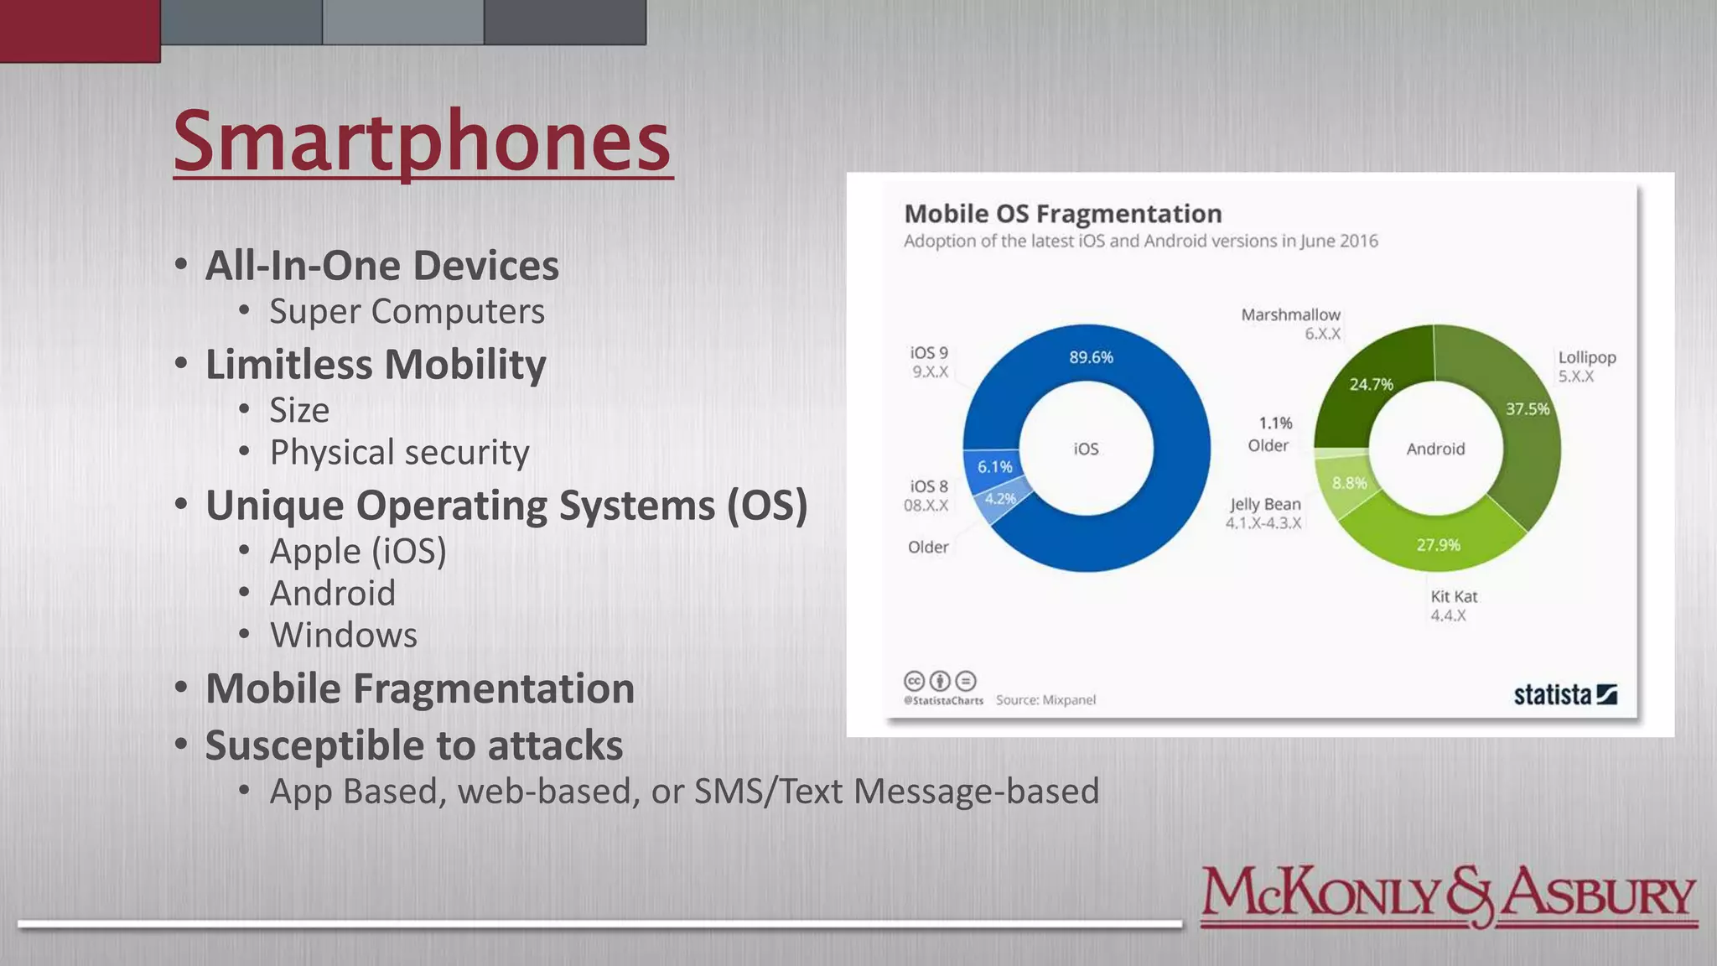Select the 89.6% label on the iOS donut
click(1091, 357)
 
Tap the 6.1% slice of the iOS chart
click(994, 466)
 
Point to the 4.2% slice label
click(1000, 499)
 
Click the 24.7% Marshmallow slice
click(1371, 384)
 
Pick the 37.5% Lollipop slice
click(1528, 409)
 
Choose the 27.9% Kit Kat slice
click(1438, 545)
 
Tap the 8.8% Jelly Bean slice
click(1349, 483)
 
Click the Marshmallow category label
click(1290, 314)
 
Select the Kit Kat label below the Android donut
click(1454, 596)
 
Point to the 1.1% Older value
click(1275, 423)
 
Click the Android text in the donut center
click(1435, 449)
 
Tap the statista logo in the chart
click(1564, 694)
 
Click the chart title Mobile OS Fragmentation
click(1062, 214)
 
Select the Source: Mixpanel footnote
click(1045, 700)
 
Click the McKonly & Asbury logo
click(1448, 896)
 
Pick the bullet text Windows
click(343, 636)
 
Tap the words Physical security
click(399, 453)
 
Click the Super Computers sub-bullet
click(407, 311)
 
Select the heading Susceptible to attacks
click(414, 745)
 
